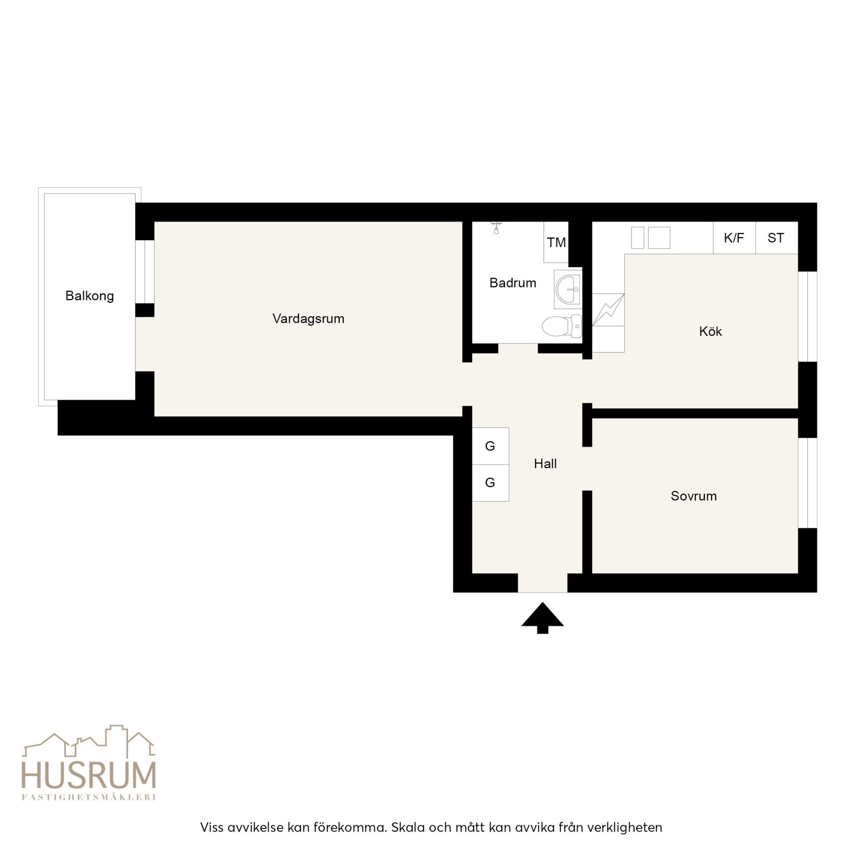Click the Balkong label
[x=90, y=296]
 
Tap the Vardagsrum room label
[x=308, y=319]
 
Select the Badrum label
[x=513, y=283]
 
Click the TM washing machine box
[x=556, y=242]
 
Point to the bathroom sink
[x=568, y=289]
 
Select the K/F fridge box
[x=734, y=238]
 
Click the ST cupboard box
[x=777, y=238]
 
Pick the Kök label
[x=710, y=331]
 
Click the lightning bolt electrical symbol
[x=608, y=310]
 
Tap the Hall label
[x=545, y=464]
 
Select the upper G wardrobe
[x=490, y=446]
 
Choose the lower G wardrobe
[x=490, y=483]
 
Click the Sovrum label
[x=694, y=496]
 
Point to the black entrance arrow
[x=542, y=618]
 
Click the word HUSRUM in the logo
[x=89, y=776]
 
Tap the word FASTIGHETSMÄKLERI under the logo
[x=89, y=797]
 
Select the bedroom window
[x=807, y=483]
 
